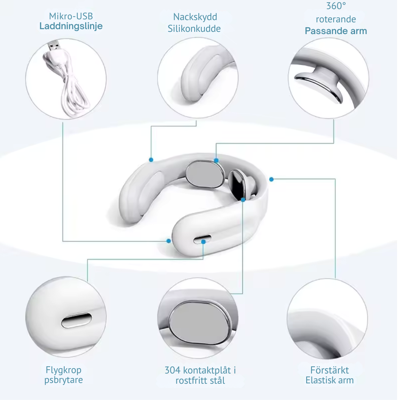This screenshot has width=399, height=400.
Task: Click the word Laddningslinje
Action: pyautogui.click(x=71, y=27)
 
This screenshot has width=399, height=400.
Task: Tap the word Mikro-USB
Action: pyautogui.click(x=71, y=16)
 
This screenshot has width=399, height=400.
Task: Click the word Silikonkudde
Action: pyautogui.click(x=194, y=28)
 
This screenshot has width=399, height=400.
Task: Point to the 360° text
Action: pyautogui.click(x=336, y=6)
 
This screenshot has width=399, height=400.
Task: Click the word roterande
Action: pyautogui.click(x=336, y=19)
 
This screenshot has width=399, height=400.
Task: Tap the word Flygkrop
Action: pyautogui.click(x=64, y=370)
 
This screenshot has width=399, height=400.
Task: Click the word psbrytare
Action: pyautogui.click(x=64, y=380)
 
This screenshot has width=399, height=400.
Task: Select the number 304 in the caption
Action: pyautogui.click(x=172, y=370)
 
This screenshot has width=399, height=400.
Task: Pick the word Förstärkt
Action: pyautogui.click(x=329, y=370)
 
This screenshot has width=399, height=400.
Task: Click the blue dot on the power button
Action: pyautogui.click(x=203, y=241)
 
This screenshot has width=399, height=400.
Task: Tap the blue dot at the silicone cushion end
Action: pyautogui.click(x=151, y=160)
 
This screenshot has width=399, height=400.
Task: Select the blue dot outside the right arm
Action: pyautogui.click(x=271, y=179)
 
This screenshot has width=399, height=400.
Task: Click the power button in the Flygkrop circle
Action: pyautogui.click(x=76, y=320)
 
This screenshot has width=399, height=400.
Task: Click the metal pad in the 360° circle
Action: pyautogui.click(x=319, y=86)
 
